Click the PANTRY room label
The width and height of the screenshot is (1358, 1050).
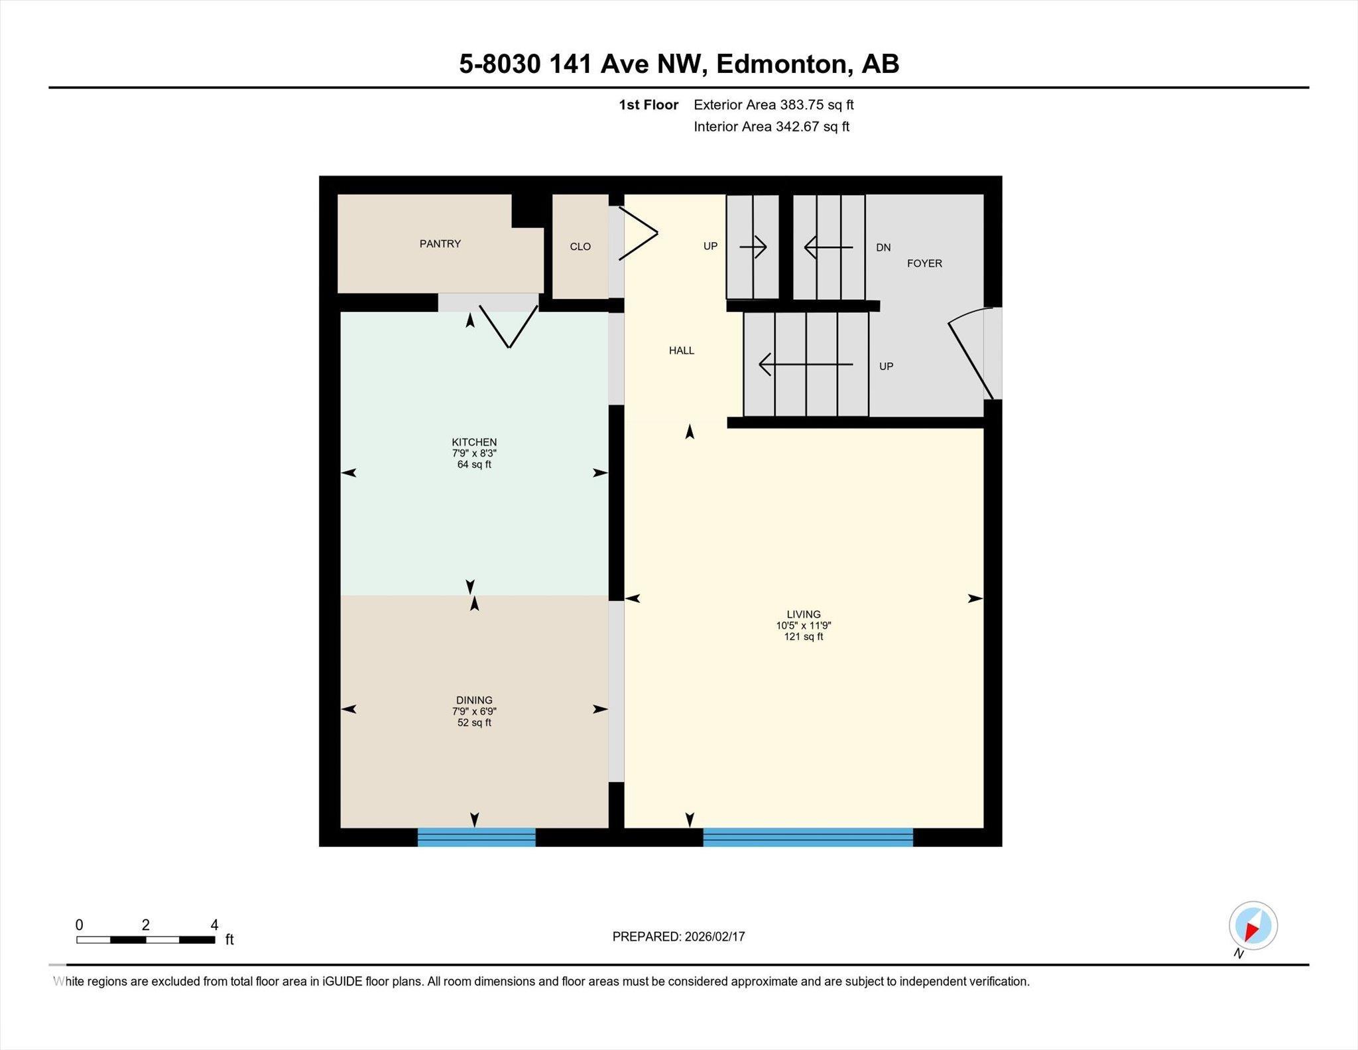440,243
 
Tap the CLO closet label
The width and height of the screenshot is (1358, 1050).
580,247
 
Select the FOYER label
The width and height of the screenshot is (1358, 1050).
924,263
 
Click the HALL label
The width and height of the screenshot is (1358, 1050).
682,350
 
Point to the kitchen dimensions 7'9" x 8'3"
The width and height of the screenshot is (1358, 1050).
474,453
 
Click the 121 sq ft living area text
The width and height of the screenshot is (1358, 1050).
804,637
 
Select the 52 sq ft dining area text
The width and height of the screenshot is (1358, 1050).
474,722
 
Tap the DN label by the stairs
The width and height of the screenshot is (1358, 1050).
883,247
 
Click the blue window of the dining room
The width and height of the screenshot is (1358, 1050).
476,837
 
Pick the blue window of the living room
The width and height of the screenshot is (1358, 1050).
808,837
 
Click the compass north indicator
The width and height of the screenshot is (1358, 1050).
1253,927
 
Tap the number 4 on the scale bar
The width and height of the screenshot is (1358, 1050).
214,925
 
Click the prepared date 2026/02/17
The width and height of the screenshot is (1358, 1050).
715,937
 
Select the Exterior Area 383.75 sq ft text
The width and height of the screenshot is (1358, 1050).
773,105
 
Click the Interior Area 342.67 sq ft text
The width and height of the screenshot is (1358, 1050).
771,127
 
